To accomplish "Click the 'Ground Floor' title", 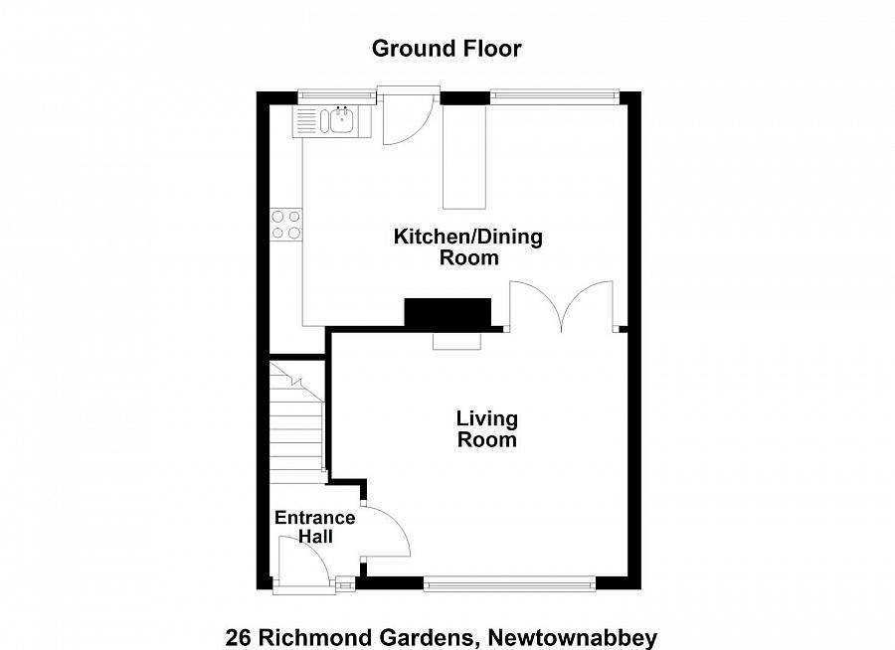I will pos(447,48).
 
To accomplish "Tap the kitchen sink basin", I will pos(342,122).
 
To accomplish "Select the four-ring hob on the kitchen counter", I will pos(286,225).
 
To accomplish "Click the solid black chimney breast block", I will pos(447,312).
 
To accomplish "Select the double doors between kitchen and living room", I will pos(562,306).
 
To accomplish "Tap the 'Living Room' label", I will pos(486,429).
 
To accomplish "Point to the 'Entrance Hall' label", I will pos(314,527).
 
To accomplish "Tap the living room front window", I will pos(509,584).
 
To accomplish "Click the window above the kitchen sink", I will pos(337,96).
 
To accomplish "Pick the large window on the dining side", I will pos(554,96).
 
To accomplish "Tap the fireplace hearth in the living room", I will pos(456,341).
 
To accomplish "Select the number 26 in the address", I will pos(238,637).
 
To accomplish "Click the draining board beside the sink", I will pos(307,122).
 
